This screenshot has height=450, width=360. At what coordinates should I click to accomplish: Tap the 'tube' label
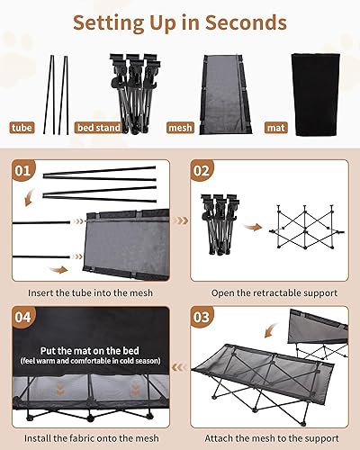click(x=21, y=128)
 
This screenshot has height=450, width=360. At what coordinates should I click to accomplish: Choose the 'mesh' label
click(x=181, y=128)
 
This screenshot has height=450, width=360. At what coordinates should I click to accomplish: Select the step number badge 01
click(x=24, y=169)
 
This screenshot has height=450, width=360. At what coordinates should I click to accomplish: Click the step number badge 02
click(x=202, y=169)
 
